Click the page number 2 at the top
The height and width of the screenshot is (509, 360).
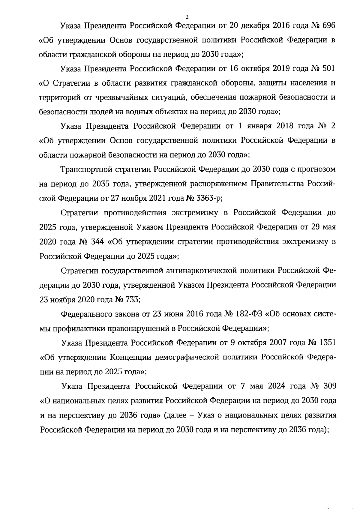(187, 16)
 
